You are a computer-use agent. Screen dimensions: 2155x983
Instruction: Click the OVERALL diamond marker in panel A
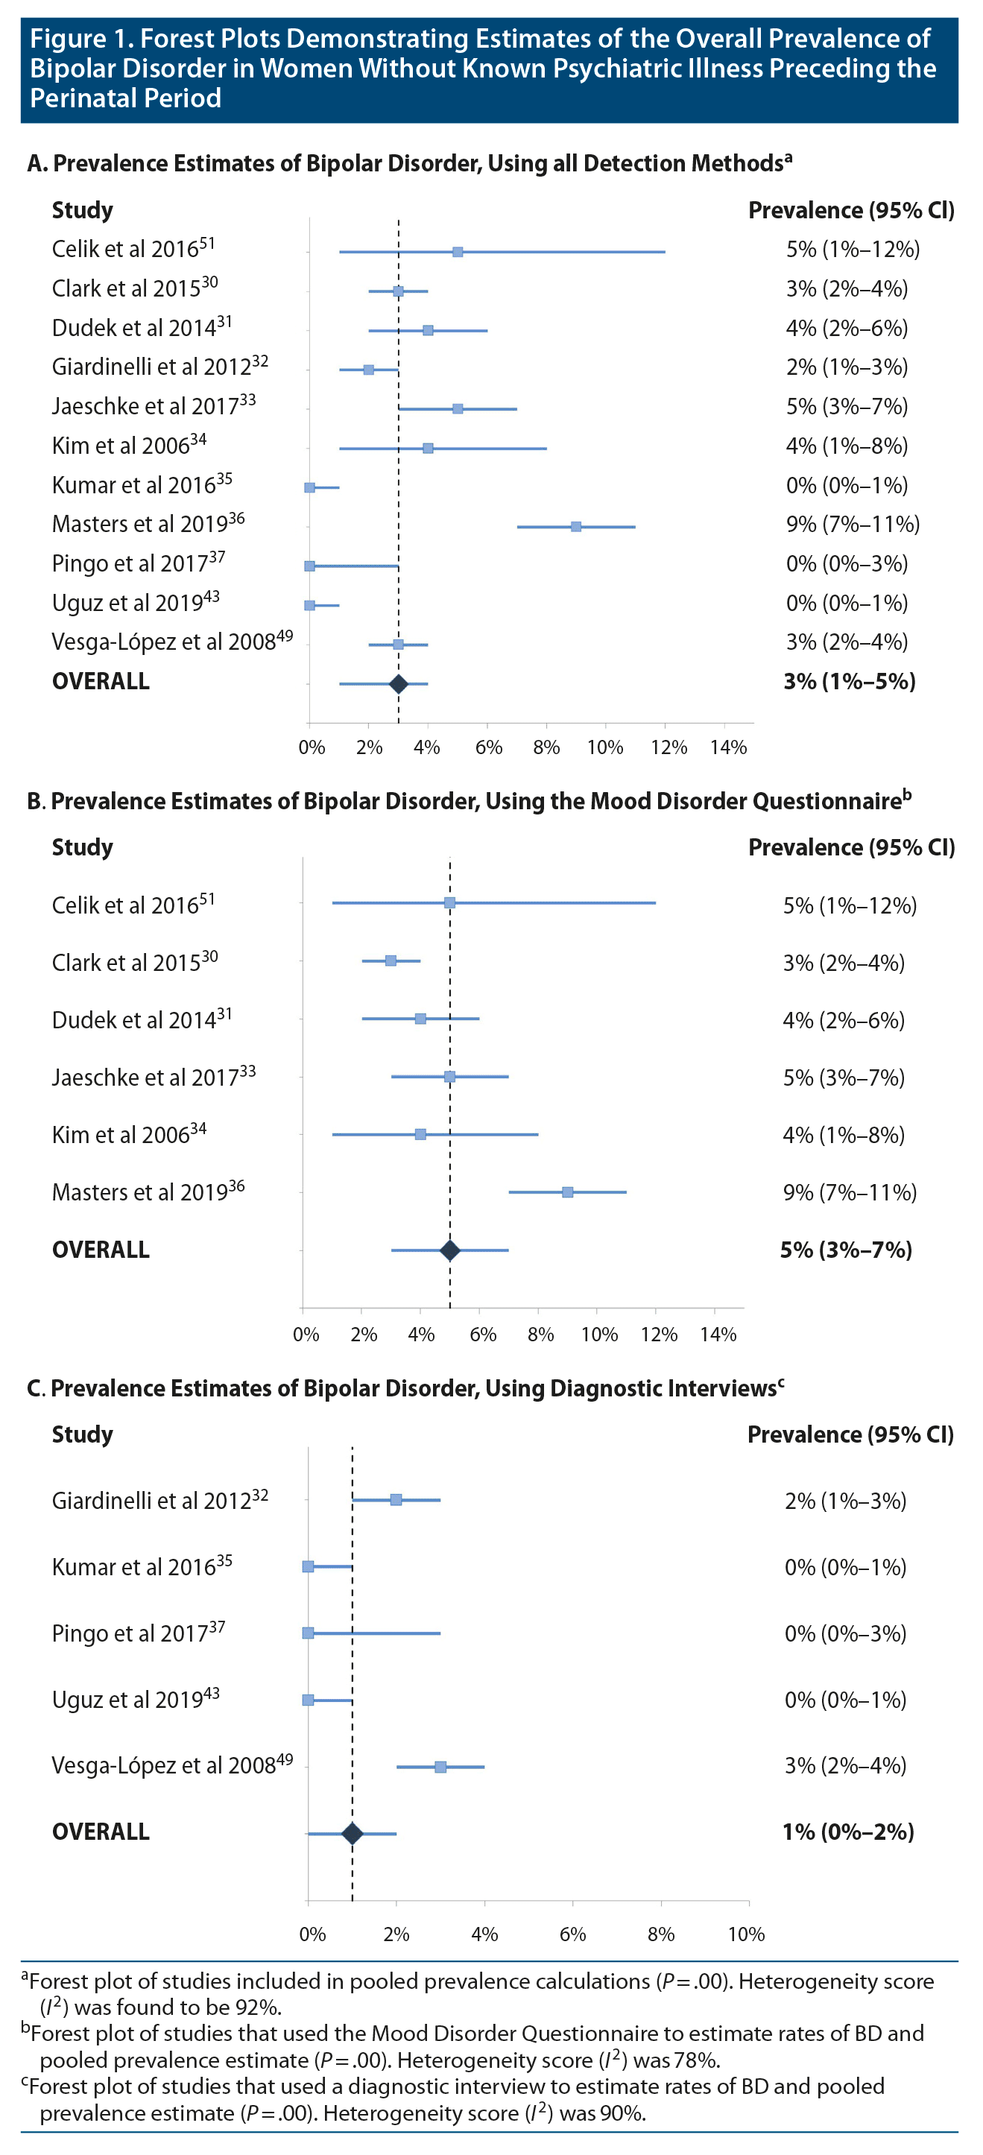coord(398,684)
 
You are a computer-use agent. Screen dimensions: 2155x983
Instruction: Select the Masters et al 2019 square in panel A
coord(575,527)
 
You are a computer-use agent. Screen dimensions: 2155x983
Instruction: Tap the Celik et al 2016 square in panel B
coord(449,902)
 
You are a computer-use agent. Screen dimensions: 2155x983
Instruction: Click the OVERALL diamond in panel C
coord(353,1834)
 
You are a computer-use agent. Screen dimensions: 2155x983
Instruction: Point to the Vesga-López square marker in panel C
coord(440,1767)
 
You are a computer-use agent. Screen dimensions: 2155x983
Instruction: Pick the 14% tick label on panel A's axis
coord(728,748)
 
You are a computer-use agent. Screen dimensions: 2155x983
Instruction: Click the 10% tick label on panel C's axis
coord(746,1934)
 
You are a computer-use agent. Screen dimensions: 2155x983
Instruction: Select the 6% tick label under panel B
coord(483,1335)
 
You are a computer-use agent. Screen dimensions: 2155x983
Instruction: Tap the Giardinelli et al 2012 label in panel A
coord(159,367)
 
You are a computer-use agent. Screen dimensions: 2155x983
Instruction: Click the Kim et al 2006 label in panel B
coord(129,1134)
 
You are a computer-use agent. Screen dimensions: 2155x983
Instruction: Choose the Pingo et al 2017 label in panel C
coord(138,1633)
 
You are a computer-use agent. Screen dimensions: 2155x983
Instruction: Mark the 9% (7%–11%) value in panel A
coord(853,525)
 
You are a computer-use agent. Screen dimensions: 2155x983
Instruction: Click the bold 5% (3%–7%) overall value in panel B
coord(846,1250)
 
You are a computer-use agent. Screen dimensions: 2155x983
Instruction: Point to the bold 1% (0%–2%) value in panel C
coord(847,1832)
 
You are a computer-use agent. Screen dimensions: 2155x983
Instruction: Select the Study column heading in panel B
coord(82,847)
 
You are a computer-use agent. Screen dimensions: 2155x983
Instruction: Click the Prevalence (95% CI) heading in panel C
coord(850,1434)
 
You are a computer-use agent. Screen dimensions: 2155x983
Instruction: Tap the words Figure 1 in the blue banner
coord(80,39)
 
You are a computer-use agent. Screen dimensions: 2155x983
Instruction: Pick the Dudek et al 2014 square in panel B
coord(420,1019)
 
